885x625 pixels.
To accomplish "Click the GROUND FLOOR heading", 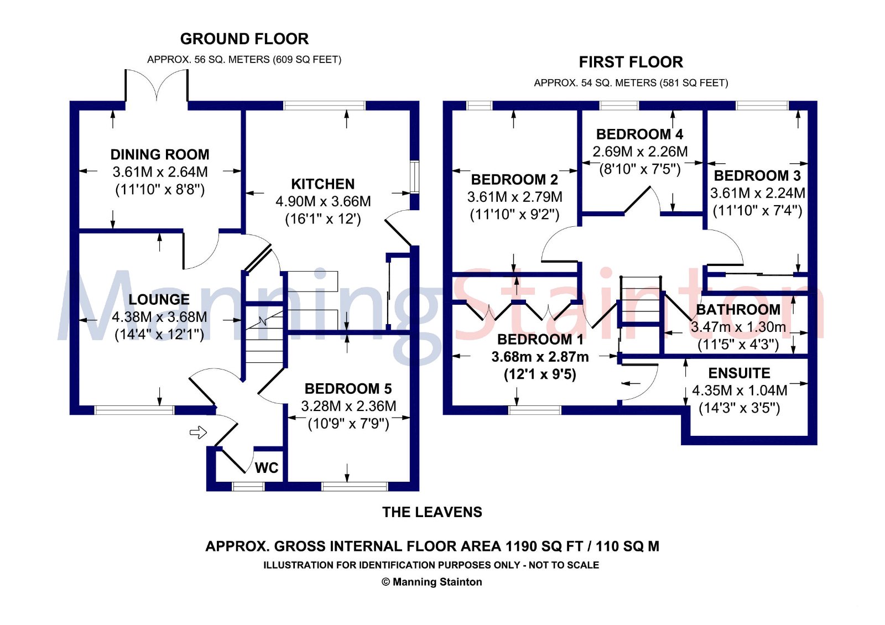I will [x=244, y=39].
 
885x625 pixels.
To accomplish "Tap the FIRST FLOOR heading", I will [x=631, y=62].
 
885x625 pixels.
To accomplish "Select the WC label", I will [x=267, y=468].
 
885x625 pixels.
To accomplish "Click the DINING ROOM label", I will [x=160, y=154].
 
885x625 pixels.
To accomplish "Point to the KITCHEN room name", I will [x=323, y=184].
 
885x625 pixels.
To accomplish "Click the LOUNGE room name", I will [x=159, y=299].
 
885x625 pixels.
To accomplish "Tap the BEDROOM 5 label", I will [x=348, y=388].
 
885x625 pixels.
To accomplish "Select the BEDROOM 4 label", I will [x=639, y=134].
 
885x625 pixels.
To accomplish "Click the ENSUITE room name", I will [x=739, y=373].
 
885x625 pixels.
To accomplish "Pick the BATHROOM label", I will [x=738, y=309].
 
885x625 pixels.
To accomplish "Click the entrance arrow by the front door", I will [x=198, y=432].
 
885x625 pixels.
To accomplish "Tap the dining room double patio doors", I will [x=157, y=86].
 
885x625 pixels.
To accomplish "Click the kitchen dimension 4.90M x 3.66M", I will [x=323, y=201].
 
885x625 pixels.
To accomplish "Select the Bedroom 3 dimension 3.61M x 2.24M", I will [x=757, y=193].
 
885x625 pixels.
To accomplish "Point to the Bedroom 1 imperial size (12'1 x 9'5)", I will [x=540, y=374].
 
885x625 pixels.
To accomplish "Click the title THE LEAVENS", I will [x=432, y=512].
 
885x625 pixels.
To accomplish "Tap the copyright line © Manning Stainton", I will [x=431, y=582].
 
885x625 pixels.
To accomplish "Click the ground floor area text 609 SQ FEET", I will [x=306, y=60].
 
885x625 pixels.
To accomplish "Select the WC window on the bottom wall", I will [x=248, y=487].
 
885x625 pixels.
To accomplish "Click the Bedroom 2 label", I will [x=514, y=179].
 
